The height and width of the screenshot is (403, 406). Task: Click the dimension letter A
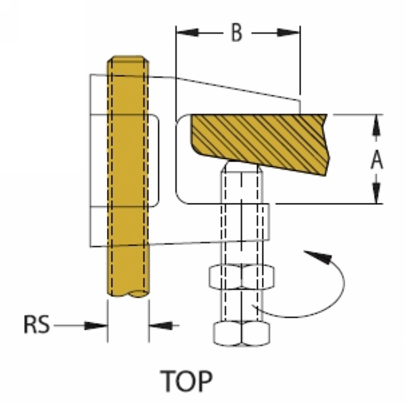(377, 160)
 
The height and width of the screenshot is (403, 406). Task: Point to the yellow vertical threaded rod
(129, 176)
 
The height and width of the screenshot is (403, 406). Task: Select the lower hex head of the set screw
(242, 332)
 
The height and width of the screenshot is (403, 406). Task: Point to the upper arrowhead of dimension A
(377, 122)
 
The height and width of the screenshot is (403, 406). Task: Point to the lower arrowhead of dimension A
(377, 195)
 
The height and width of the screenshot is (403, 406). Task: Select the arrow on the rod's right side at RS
(159, 325)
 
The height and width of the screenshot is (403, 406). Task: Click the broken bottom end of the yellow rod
(129, 294)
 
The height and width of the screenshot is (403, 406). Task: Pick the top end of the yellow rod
(129, 59)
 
